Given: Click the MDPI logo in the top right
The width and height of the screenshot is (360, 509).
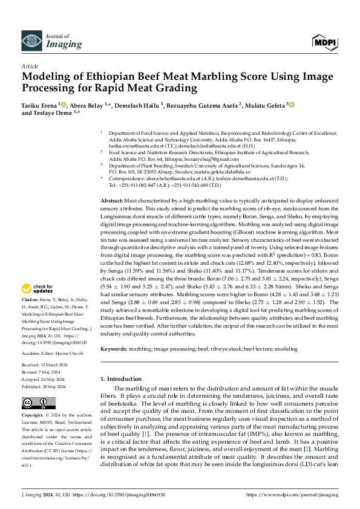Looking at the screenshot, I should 325,42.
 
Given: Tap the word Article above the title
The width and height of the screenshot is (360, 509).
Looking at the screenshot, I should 30,66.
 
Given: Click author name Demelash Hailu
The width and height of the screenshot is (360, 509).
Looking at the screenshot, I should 139,105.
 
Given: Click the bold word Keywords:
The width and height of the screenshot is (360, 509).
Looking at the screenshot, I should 113,349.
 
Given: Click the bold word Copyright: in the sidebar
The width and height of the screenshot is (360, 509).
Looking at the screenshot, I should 34,416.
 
